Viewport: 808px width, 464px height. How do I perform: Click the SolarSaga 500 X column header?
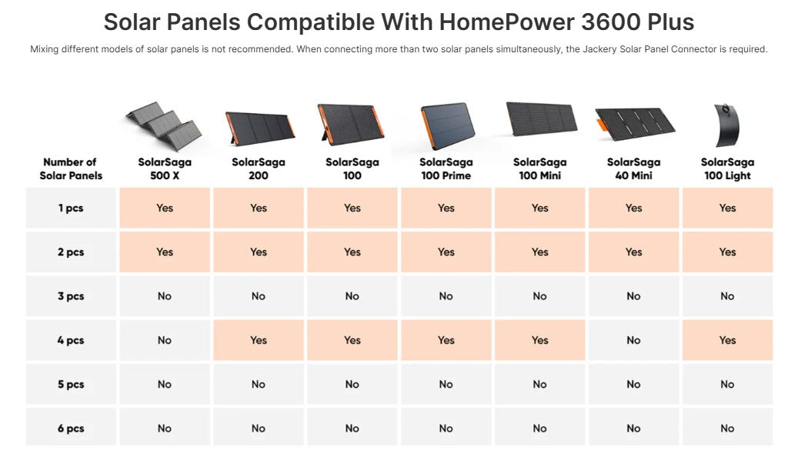(165, 169)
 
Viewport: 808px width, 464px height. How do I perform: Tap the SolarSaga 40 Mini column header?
(633, 169)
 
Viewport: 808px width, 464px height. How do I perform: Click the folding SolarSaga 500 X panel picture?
(164, 123)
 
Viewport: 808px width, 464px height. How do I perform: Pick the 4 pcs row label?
(71, 340)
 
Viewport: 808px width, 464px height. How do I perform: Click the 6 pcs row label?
(71, 429)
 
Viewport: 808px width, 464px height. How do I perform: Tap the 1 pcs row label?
(71, 208)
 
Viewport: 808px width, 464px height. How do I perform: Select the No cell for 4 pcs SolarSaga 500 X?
(165, 340)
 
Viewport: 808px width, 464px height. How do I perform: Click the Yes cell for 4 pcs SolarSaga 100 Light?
(727, 340)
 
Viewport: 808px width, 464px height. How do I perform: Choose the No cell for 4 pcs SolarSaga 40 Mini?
(633, 340)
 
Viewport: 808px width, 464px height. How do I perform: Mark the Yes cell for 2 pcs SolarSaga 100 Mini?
(539, 252)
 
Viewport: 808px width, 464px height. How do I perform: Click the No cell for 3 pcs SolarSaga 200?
(259, 296)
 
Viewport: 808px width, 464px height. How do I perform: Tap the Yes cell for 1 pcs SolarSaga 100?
(352, 208)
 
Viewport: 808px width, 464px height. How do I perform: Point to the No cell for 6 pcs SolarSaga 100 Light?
(727, 429)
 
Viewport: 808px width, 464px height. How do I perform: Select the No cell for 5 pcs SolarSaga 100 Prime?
(446, 385)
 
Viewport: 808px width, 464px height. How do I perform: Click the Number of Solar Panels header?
(71, 169)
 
